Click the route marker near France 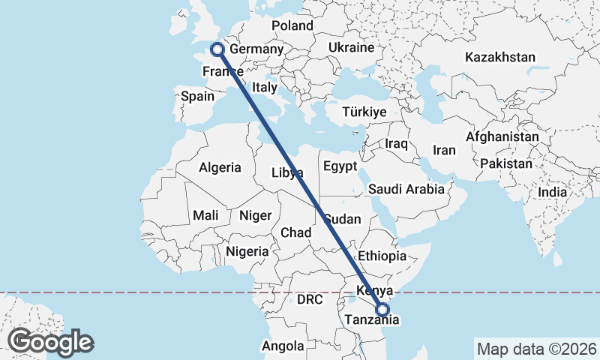coord(217,49)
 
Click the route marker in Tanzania coord(382,309)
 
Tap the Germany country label coord(256,50)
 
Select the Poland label coord(292,26)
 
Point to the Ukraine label coord(350,48)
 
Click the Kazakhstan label coord(499,58)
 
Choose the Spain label coord(198,97)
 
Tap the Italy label coord(264,87)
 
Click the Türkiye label coord(364,112)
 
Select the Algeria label coord(220,168)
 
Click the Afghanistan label coord(502,137)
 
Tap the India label coord(553,193)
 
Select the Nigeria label coord(247,252)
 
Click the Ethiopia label coord(382,256)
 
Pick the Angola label coord(283,346)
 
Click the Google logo coord(50,342)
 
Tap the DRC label coord(309,300)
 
